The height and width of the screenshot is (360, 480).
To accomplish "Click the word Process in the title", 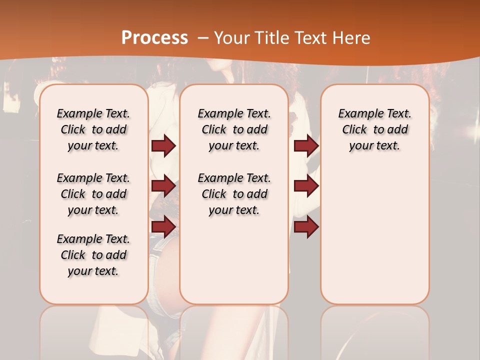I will click(154, 38).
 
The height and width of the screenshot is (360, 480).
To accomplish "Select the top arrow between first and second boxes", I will click(163, 145).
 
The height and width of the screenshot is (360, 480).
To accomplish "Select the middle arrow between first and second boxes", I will click(163, 186).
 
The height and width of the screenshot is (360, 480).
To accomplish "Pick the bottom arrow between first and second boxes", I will click(163, 226).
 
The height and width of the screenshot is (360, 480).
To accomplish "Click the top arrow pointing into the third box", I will click(306, 145).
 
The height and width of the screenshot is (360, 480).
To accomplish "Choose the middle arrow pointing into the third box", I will click(306, 186).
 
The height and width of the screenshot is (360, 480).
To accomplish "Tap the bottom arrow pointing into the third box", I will click(306, 226).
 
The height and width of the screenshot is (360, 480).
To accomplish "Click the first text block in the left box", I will click(93, 129).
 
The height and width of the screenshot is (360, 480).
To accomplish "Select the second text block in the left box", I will click(93, 194).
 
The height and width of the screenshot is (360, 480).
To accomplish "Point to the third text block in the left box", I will click(93, 255).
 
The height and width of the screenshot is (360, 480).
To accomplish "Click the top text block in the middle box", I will click(234, 129).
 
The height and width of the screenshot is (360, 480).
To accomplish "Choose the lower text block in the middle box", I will click(234, 194).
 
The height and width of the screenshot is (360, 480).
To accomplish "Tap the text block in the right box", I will click(374, 129).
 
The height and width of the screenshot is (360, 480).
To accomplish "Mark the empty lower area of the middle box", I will click(234, 260).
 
